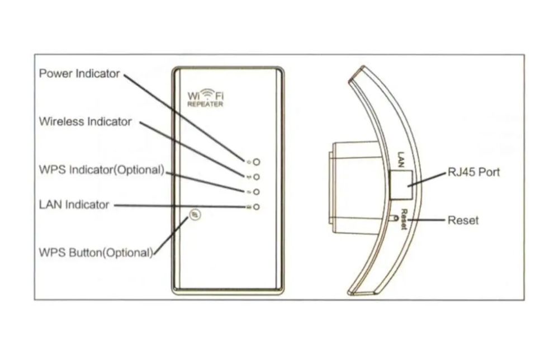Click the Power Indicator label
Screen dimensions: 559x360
point(79,73)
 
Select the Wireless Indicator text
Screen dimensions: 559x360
point(86,121)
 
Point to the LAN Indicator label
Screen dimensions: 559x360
point(74,205)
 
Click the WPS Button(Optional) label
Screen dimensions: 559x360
point(96,252)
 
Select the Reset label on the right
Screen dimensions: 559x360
point(463,220)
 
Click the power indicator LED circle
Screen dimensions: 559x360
point(257,162)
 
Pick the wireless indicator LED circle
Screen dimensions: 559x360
point(257,177)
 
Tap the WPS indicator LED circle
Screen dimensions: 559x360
point(257,192)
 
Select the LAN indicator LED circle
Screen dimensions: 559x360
point(257,207)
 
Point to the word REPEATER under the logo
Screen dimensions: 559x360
point(205,105)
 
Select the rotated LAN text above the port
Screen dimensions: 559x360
point(400,158)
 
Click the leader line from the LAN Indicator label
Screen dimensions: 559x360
point(179,206)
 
